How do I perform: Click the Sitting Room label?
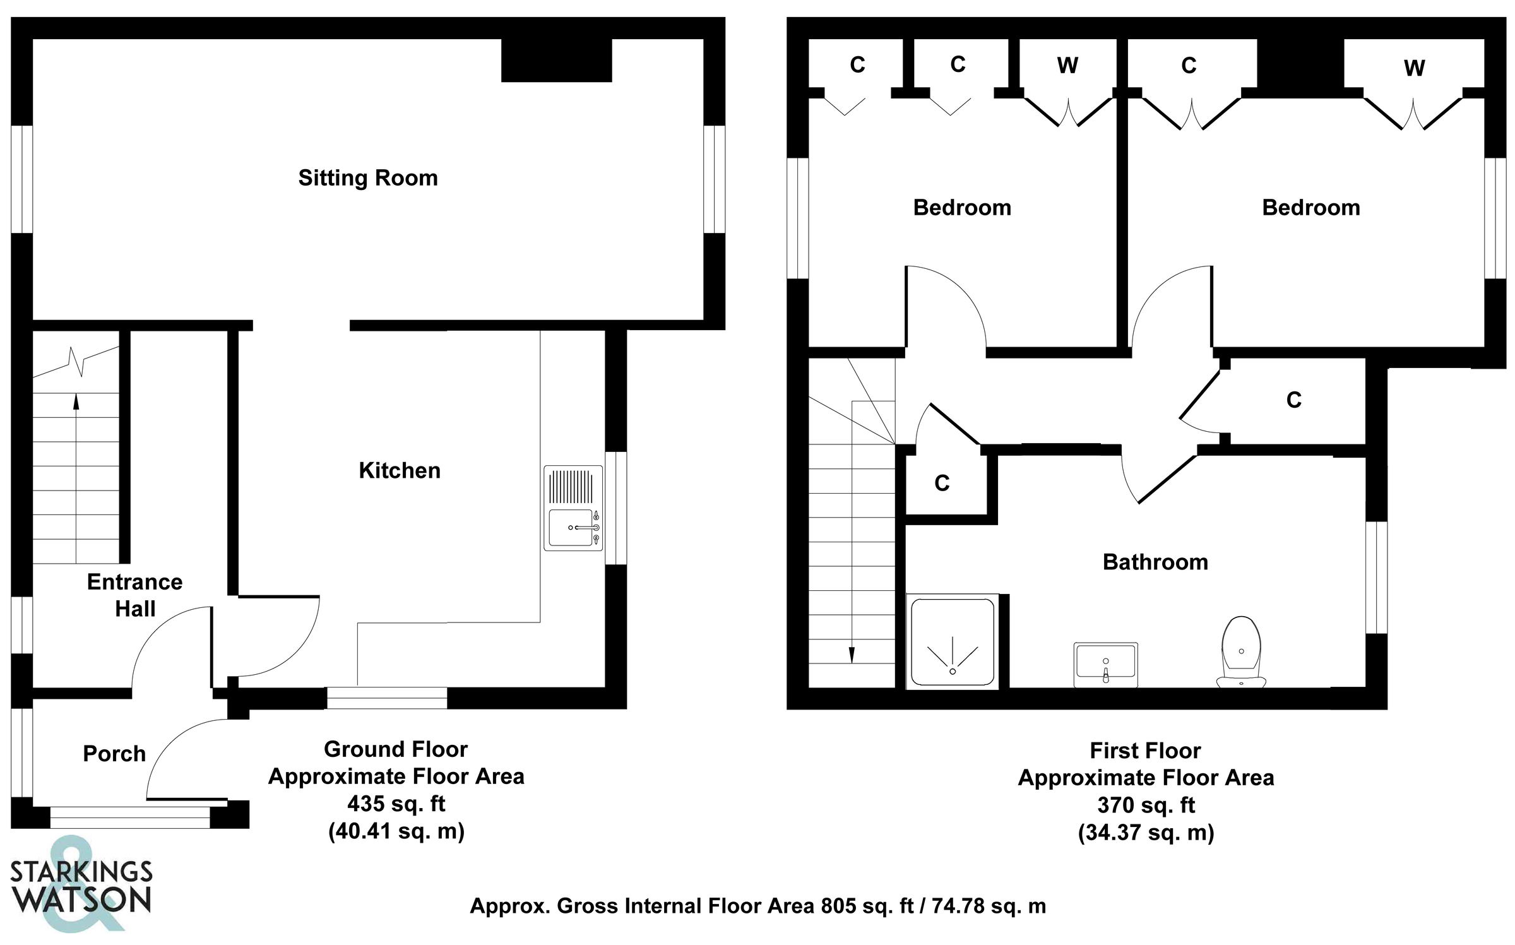368,178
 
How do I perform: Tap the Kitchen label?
400,470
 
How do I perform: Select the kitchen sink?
573,508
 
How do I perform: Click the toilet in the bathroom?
1241,651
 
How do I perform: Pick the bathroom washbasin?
1106,665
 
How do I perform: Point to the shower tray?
953,641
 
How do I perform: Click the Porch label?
114,754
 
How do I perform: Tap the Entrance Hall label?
134,595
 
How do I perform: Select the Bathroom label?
1155,562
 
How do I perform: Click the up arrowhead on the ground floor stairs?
76,401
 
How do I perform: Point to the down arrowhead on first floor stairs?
852,655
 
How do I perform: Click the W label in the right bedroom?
1415,68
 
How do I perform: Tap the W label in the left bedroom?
1067,66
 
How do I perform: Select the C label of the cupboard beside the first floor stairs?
942,484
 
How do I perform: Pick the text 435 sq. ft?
396,804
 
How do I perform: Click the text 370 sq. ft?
1146,805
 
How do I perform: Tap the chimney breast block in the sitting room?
557,61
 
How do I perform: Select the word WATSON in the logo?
83,900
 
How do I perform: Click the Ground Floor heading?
396,749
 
